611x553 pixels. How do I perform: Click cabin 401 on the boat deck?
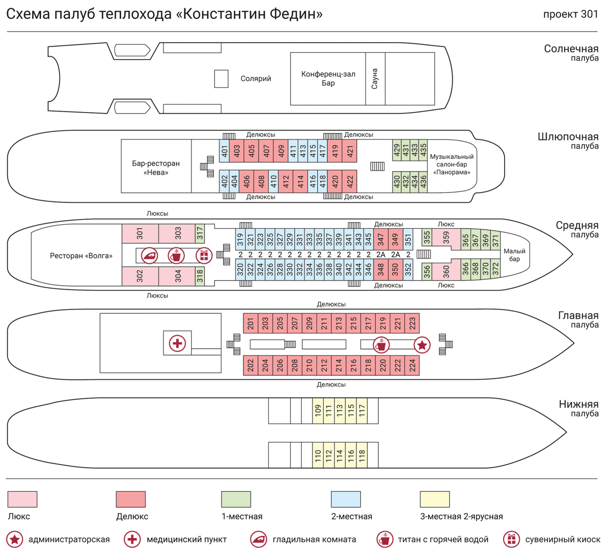(224, 151)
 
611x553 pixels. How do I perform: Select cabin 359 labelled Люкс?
(446, 238)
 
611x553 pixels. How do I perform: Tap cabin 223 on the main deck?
(412, 323)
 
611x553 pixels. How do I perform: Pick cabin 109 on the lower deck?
(318, 410)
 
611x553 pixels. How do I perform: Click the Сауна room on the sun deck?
(375, 79)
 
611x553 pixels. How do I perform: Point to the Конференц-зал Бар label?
(328, 78)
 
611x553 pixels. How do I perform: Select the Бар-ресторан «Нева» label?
(156, 168)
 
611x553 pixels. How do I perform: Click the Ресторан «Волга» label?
(81, 256)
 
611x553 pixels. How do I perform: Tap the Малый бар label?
(514, 255)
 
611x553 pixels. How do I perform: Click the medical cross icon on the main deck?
(177, 343)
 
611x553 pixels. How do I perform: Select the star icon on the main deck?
(422, 345)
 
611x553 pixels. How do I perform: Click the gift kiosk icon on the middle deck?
(204, 255)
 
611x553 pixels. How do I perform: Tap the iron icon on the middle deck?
(150, 255)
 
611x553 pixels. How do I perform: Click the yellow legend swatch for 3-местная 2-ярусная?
(434, 499)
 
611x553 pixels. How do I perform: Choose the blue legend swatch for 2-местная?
(346, 499)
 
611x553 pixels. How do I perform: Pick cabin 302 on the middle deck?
(140, 276)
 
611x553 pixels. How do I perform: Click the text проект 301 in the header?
(570, 14)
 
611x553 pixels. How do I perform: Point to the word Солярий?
(256, 79)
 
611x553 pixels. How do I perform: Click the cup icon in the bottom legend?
(384, 539)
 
